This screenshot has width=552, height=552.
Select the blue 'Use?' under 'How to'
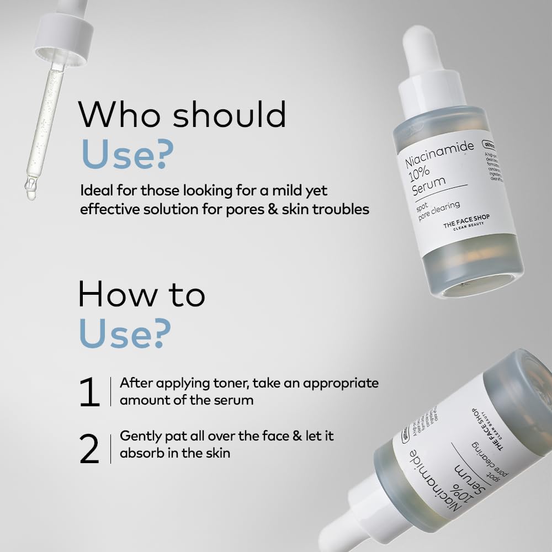click(125, 333)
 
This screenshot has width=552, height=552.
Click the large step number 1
click(89, 392)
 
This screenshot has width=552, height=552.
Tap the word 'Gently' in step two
click(141, 436)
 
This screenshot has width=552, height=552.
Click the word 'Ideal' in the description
click(95, 191)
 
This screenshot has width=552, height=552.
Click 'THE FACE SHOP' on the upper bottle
click(466, 222)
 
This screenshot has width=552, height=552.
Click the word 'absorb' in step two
click(141, 453)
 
